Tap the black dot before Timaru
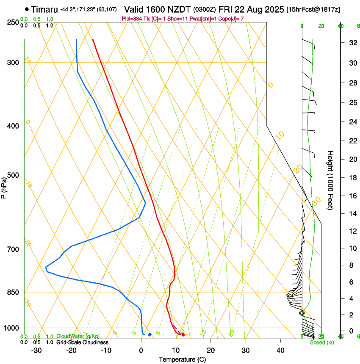[x=27, y=9]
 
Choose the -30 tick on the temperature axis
[x=37, y=350]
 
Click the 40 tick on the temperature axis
[x=280, y=350]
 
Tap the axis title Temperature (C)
[x=182, y=359]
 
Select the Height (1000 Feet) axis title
[x=330, y=180]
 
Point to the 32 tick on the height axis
[x=340, y=42]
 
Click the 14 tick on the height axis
[x=340, y=214]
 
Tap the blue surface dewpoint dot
[x=150, y=335]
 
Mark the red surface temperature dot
[x=183, y=335]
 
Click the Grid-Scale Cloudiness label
[x=82, y=342]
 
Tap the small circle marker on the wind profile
[x=302, y=313]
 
